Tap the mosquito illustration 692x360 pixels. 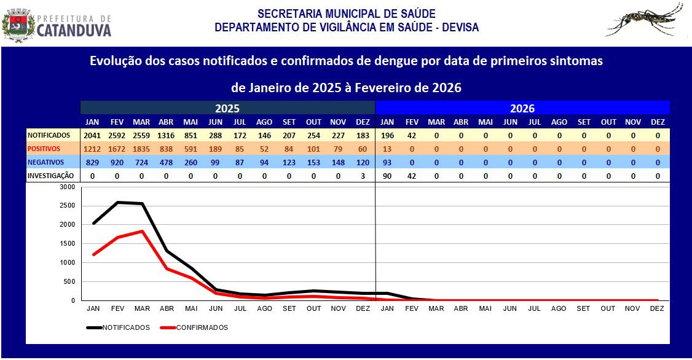click(645, 22)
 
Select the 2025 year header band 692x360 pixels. click(227, 108)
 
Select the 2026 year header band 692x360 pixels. click(522, 108)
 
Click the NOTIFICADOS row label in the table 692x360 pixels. click(49, 135)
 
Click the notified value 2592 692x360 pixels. click(117, 135)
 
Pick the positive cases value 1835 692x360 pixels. click(141, 149)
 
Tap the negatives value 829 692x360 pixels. click(93, 162)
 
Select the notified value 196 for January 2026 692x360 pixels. click(387, 135)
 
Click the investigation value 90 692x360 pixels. click(387, 176)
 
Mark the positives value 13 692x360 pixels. click(387, 149)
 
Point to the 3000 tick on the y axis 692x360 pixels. click(68, 186)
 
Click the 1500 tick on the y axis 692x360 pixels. click(68, 243)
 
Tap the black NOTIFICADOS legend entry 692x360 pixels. click(118, 327)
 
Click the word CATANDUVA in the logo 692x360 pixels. click(74, 30)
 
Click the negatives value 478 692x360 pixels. click(166, 162)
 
